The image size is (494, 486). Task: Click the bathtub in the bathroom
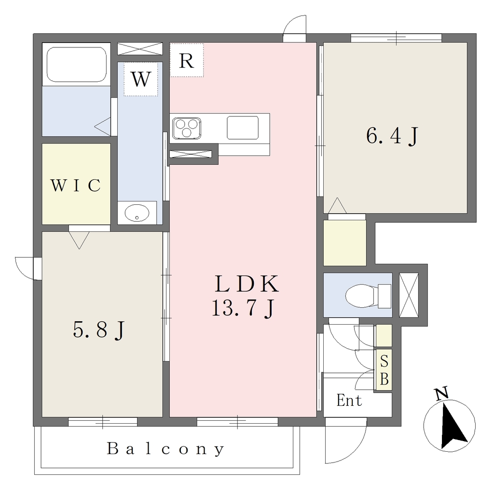77,64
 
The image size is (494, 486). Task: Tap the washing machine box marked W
140,79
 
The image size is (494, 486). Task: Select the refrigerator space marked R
187,60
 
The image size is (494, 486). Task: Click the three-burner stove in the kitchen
187,128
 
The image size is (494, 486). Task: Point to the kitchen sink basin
243,128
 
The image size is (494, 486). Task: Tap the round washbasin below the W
137,213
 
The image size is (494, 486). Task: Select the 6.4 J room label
392,136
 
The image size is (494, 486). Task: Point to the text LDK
247,284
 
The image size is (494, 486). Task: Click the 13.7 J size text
243,308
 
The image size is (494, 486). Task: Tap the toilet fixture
368,295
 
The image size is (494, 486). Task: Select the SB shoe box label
384,370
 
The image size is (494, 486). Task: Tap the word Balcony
166,449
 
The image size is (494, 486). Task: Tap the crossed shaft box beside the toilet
409,295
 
